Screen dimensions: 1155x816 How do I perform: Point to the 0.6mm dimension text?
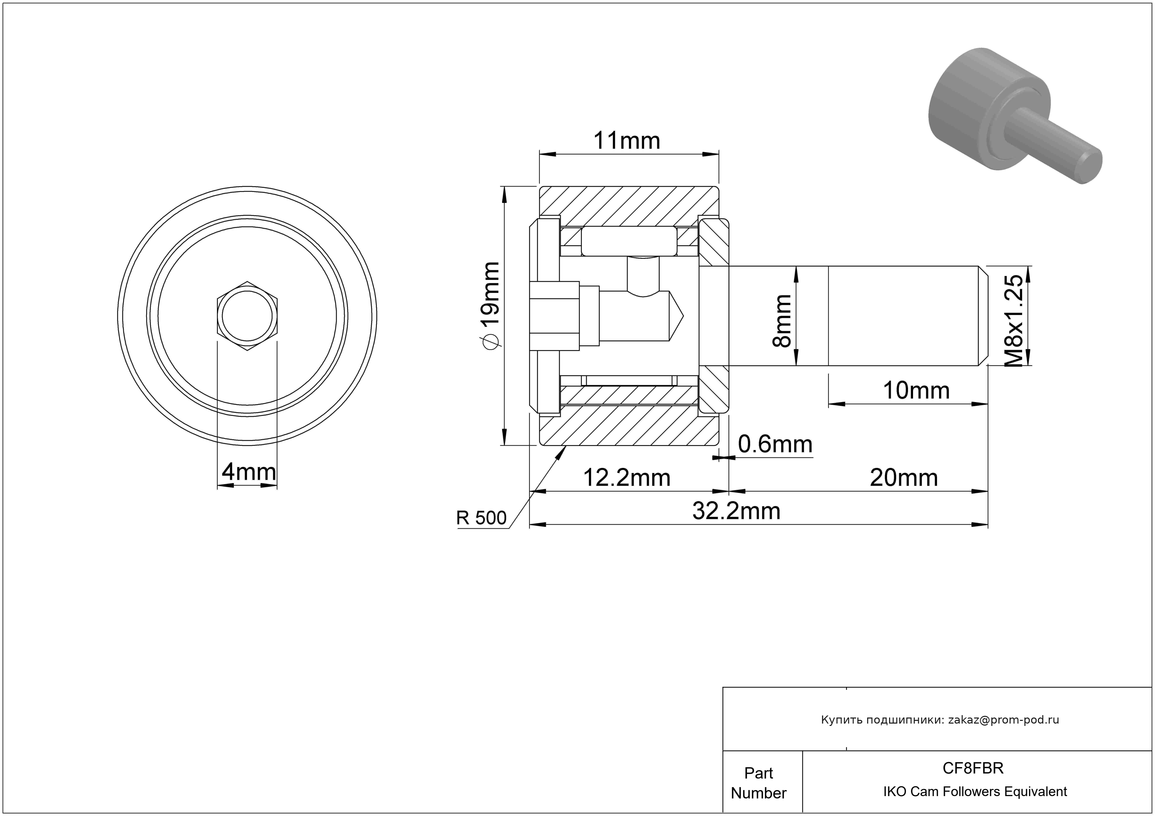(775, 445)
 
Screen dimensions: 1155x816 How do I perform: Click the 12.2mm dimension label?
(627, 478)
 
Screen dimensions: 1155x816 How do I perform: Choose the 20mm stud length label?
(904, 478)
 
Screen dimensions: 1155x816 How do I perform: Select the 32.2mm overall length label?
(737, 511)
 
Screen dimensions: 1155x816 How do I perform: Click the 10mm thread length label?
(916, 391)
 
